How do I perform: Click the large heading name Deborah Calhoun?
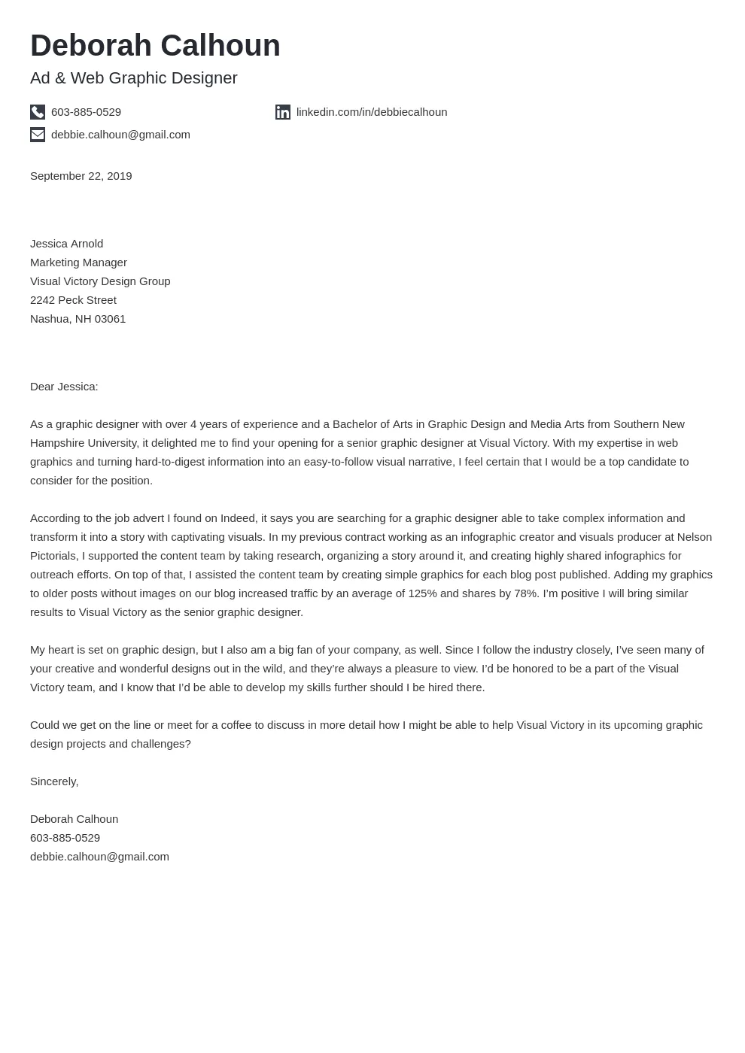click(155, 46)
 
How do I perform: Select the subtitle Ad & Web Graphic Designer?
click(133, 78)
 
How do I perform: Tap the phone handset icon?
click(38, 112)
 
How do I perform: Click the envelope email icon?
click(38, 135)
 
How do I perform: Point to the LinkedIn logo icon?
click(283, 112)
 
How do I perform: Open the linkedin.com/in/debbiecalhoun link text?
click(371, 112)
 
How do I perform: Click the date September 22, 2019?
click(81, 176)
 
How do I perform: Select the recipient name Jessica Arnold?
click(66, 244)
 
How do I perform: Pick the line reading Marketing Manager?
click(78, 262)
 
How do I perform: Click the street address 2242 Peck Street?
click(73, 300)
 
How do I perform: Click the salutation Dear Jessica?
click(64, 387)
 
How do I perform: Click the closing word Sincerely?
click(53, 781)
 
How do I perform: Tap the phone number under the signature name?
click(65, 838)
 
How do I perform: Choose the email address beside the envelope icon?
click(120, 135)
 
